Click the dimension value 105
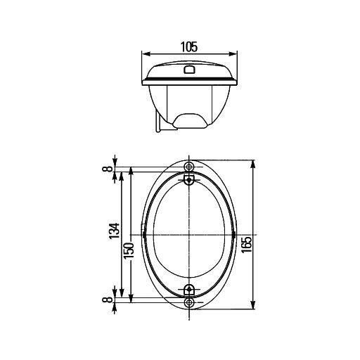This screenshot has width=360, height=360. tap(188, 47)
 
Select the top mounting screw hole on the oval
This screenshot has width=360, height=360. tap(188, 166)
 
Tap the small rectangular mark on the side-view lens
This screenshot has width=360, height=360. tap(188, 69)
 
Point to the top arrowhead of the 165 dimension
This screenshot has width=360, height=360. tap(253, 162)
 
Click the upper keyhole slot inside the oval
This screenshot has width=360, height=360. tap(188, 180)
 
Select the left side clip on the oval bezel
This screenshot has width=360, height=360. tap(144, 234)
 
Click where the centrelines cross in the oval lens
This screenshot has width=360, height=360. tap(188, 234)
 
